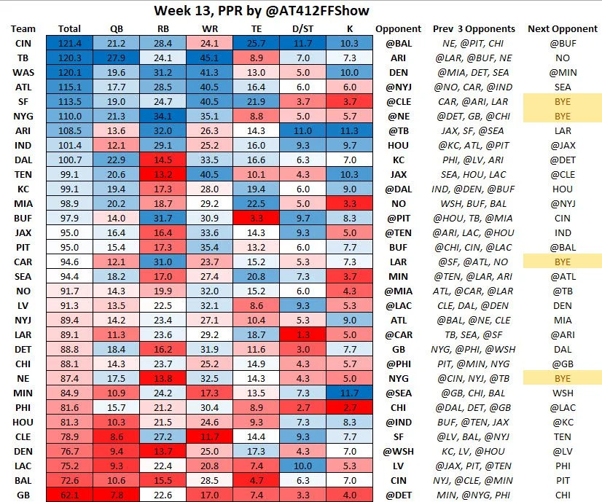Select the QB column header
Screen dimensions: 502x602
(116, 28)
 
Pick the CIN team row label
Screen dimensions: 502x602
(23, 44)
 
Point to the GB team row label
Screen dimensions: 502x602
(23, 495)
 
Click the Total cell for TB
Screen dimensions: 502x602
(69, 58)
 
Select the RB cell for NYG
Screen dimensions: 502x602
(163, 117)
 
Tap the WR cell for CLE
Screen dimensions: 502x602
(210, 437)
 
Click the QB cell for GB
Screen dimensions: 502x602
(116, 495)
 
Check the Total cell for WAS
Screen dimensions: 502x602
(69, 73)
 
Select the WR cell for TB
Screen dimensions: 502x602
(210, 58)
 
